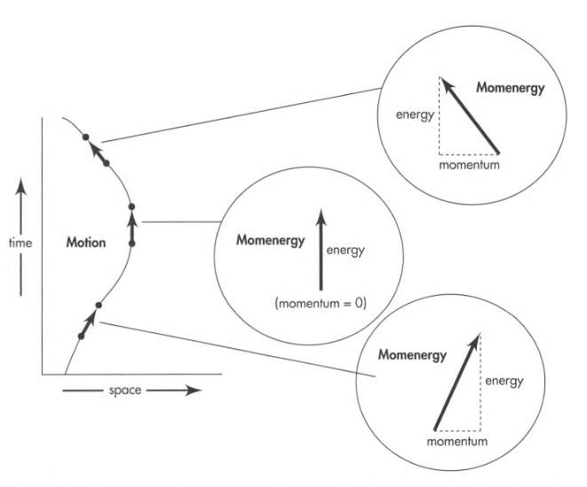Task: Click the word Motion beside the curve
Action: click(85, 242)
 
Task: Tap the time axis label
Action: click(20, 242)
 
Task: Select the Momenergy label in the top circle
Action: click(510, 89)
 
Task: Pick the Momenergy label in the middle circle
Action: click(270, 241)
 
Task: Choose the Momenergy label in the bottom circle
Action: click(412, 355)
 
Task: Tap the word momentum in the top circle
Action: click(470, 164)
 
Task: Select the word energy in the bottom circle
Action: click(504, 381)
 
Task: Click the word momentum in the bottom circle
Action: click(459, 442)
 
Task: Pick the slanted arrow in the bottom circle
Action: click(457, 381)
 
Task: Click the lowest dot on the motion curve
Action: click(81, 336)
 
